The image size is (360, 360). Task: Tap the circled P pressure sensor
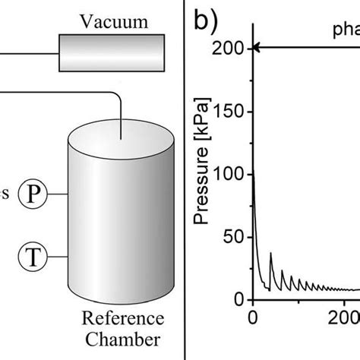(33, 194)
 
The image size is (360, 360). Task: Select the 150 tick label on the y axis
(231, 112)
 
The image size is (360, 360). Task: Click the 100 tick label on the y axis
(231, 175)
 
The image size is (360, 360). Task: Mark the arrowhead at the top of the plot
(257, 49)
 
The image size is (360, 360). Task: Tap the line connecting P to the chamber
(58, 194)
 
